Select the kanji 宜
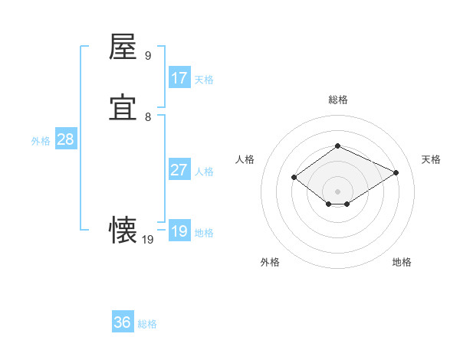pos(123,108)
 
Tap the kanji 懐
pos(123,231)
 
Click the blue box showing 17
pos(179,78)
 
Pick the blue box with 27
pos(179,170)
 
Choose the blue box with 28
pos(65,139)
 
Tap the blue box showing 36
pos(123,322)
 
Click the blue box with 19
pos(179,231)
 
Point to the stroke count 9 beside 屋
pos(148,55)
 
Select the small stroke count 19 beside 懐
pos(148,240)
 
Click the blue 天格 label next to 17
pos(204,79)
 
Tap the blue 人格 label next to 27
pos(204,172)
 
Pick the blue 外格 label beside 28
pos(41,141)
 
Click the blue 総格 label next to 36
pos(147,324)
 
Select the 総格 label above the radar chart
pos(337,100)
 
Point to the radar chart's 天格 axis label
pos(432,159)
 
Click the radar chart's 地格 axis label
pos(402,262)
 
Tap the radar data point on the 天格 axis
pos(396,172)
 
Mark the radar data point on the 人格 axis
pos(294,177)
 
